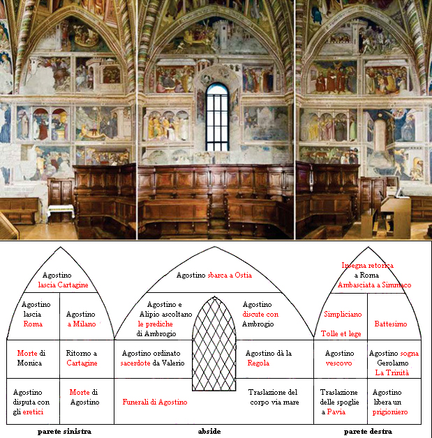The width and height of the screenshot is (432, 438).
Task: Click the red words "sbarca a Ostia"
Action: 230,275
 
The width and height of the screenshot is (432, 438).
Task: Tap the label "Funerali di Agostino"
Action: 155,402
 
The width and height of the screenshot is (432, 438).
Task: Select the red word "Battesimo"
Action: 391,324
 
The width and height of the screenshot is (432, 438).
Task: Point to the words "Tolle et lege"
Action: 341,333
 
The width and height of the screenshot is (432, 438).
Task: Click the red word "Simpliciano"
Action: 343,315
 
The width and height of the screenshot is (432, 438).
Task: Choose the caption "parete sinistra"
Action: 64,431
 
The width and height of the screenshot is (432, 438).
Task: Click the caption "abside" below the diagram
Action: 209,431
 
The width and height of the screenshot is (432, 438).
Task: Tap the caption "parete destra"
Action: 368,431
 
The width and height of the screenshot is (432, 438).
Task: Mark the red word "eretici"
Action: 33,411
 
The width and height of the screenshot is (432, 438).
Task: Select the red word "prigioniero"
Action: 390,412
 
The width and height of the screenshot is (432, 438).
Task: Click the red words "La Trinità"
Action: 392,372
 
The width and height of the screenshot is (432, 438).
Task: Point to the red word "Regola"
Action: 258,363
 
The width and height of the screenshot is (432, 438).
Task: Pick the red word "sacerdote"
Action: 135,363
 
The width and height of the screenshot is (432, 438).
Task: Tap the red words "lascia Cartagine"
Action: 63,285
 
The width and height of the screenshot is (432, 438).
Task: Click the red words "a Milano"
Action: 82,324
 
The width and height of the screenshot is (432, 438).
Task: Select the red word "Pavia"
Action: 336,411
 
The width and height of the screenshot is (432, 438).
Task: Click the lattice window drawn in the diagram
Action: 214,344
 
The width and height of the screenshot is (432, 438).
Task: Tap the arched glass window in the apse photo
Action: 217,116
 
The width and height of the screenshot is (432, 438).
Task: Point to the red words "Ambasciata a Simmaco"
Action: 375,285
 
